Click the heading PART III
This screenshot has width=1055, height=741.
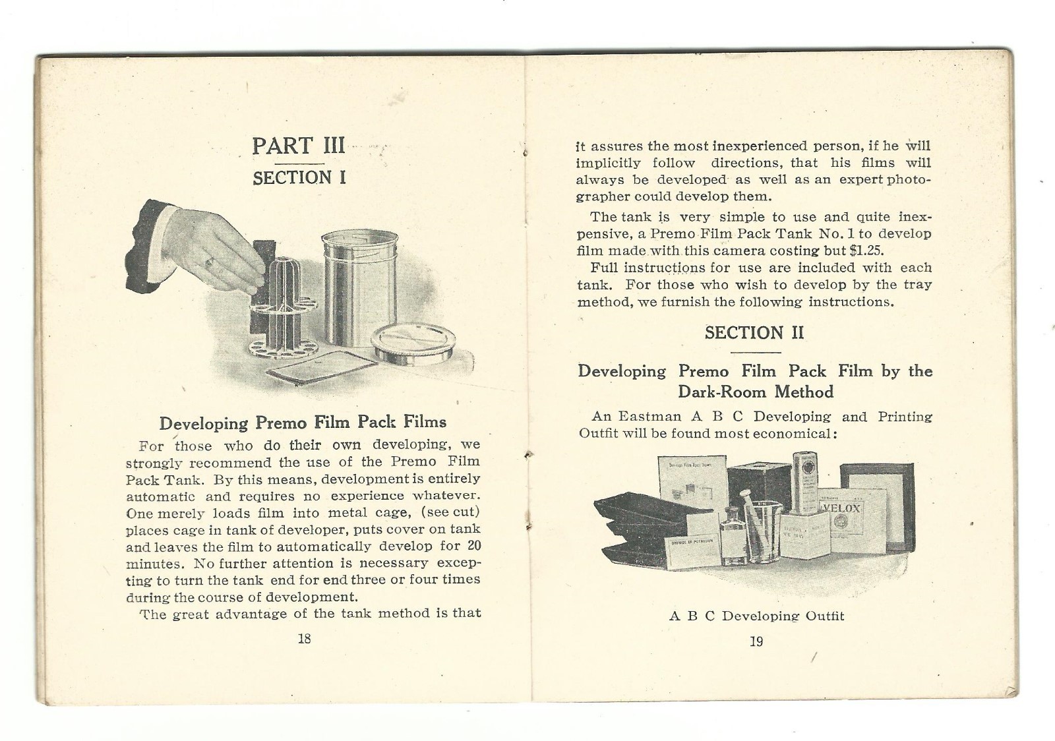coord(299,146)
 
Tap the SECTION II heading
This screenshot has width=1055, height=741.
coord(754,333)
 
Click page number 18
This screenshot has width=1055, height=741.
coord(304,638)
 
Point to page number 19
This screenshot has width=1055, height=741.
coord(756,641)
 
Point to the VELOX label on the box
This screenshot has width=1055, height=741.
coord(842,508)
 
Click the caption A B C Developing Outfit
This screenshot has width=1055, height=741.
coord(756,616)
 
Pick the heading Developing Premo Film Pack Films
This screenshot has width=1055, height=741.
coord(303,423)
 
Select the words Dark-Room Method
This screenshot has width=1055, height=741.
coord(756,392)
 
